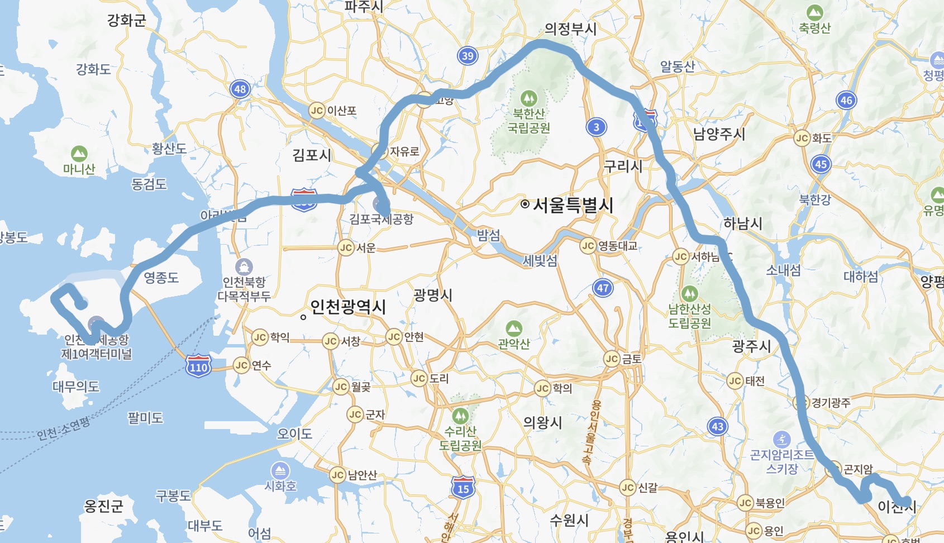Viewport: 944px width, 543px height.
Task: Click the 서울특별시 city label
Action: [x=573, y=205]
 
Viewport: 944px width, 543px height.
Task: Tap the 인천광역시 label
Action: [x=347, y=307]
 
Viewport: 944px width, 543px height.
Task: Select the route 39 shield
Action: [x=468, y=56]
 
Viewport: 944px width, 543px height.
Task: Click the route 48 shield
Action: [x=240, y=89]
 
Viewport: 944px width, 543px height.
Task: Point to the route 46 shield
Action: [x=846, y=101]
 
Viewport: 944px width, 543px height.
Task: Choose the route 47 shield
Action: [x=603, y=288]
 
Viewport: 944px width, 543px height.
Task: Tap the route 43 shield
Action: [x=717, y=427]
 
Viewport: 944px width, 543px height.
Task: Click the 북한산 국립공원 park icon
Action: [x=528, y=98]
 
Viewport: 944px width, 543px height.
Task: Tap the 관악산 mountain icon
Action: [x=514, y=328]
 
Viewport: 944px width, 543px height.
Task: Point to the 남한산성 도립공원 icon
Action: [x=690, y=293]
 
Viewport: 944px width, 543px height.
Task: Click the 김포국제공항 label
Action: [x=382, y=219]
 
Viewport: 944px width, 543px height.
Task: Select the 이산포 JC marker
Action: [x=317, y=111]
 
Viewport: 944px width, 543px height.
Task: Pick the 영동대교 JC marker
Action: [x=588, y=246]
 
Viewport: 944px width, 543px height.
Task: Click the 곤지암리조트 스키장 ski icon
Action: [x=781, y=439]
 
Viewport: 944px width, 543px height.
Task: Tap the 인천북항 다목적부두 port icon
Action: [x=244, y=267]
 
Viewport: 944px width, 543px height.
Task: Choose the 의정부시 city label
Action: [x=570, y=29]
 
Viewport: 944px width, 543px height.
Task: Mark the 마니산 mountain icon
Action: [x=79, y=153]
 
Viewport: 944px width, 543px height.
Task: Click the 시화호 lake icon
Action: [x=280, y=470]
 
